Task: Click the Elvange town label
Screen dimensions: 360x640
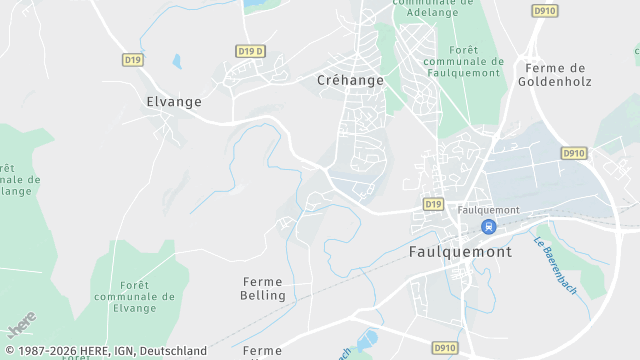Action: [x=174, y=101]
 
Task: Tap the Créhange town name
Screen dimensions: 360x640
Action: [x=350, y=80]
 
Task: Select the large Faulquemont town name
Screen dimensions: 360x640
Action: [x=460, y=252]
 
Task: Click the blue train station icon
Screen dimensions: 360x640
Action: [x=488, y=227]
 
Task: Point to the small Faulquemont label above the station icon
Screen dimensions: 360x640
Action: [x=488, y=210]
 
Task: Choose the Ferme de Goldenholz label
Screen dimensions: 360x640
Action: [x=556, y=75]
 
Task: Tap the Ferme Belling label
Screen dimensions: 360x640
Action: [x=263, y=288]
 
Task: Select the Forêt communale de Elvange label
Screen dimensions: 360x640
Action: [x=133, y=296]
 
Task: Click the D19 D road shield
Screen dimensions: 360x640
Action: [x=251, y=51]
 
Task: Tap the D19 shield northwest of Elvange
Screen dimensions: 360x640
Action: [x=133, y=60]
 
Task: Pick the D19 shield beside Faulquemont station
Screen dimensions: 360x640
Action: [x=432, y=204]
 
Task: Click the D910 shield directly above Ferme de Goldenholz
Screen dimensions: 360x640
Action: [x=545, y=11]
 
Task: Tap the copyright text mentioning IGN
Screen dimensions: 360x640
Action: [x=105, y=351]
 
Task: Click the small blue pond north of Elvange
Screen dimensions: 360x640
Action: [x=177, y=61]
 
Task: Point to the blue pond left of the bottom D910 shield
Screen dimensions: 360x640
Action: [x=366, y=341]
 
